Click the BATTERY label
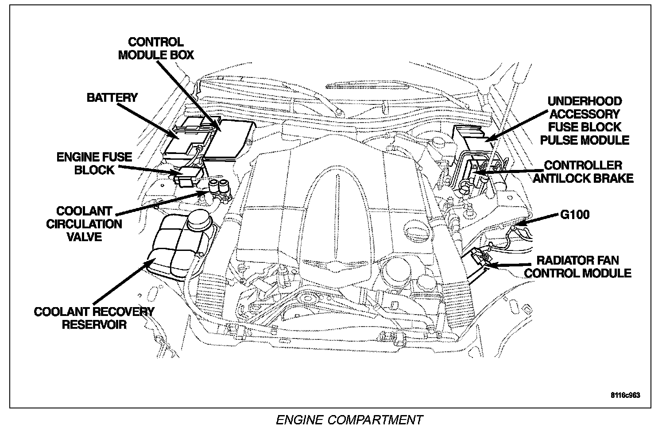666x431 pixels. (112, 97)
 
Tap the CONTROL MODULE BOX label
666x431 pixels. (156, 48)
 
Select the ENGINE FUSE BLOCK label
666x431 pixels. (94, 163)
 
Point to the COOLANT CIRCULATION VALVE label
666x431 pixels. (84, 224)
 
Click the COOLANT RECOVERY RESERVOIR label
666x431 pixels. (94, 318)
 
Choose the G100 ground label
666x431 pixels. (575, 215)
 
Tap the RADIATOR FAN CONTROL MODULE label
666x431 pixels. (578, 267)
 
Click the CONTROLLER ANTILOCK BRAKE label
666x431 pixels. (583, 172)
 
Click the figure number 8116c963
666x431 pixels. (626, 395)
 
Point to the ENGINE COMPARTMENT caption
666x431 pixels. (349, 420)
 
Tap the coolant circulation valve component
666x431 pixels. (220, 190)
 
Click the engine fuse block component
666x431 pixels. (188, 177)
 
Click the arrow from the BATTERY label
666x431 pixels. (149, 121)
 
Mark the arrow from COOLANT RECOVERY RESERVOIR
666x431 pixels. (124, 281)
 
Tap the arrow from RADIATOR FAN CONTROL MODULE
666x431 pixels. (509, 265)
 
